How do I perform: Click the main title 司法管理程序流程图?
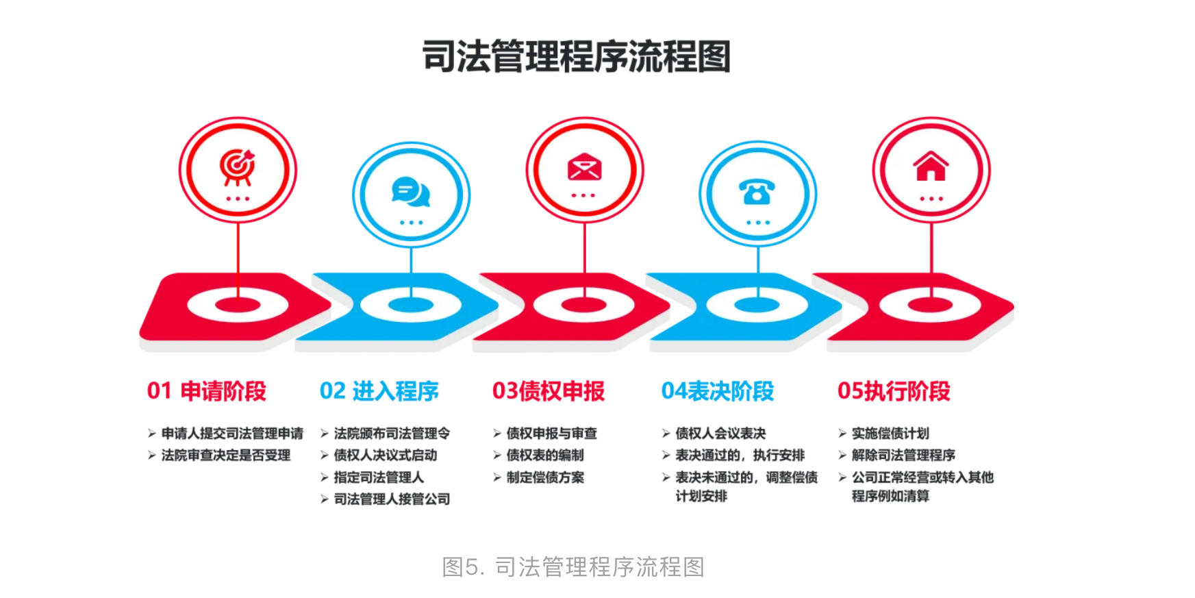pos(577,56)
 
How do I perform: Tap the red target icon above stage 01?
pos(237,167)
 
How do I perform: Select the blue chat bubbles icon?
pos(411,192)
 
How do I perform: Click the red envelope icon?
pos(584,166)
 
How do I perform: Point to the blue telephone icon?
pos(757,192)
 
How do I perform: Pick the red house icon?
pos(931,166)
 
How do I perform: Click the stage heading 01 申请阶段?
pos(207,391)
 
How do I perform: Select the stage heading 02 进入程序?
pos(379,391)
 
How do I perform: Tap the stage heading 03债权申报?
pos(549,391)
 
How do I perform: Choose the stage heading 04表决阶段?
pos(718,391)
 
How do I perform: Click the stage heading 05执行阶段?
pos(894,391)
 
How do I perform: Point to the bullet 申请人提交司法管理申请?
pos(232,434)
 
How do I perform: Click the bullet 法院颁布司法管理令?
pos(392,434)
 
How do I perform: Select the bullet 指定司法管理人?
pos(379,477)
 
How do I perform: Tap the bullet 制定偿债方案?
pos(545,477)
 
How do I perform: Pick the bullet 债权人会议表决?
pos(720,434)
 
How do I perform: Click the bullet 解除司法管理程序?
pos(903,456)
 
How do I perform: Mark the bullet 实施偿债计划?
pos(890,434)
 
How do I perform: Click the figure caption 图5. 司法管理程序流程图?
pos(573,567)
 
